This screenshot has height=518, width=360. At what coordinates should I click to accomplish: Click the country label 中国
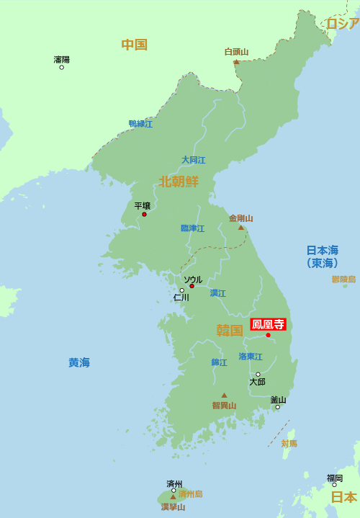134,45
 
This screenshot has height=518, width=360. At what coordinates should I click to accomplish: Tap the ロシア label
342,24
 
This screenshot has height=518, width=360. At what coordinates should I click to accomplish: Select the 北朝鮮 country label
179,181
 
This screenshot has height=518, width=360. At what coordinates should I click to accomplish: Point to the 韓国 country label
230,331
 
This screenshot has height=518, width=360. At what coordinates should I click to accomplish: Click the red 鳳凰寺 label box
268,324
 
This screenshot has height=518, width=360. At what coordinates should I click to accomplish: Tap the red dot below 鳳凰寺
269,335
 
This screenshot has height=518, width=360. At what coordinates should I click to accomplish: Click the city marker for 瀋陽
61,68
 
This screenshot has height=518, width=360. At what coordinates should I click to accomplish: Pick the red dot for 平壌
144,214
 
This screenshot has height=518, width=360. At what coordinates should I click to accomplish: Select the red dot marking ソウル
192,286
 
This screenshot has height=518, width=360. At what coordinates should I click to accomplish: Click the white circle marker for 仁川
181,290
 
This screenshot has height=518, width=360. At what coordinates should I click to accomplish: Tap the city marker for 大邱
258,374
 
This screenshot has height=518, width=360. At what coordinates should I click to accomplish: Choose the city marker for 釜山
277,407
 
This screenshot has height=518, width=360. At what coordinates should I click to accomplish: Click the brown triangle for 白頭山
236,61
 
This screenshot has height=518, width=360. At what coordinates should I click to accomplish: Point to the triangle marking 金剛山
241,227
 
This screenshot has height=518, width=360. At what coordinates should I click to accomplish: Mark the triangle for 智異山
224,395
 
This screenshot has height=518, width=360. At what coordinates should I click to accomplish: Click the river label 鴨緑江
140,124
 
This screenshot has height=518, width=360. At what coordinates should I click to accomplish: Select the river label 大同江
193,160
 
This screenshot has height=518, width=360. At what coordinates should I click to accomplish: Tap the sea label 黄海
79,362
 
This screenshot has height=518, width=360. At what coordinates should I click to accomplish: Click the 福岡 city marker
334,485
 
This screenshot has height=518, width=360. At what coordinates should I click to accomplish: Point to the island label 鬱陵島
343,279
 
